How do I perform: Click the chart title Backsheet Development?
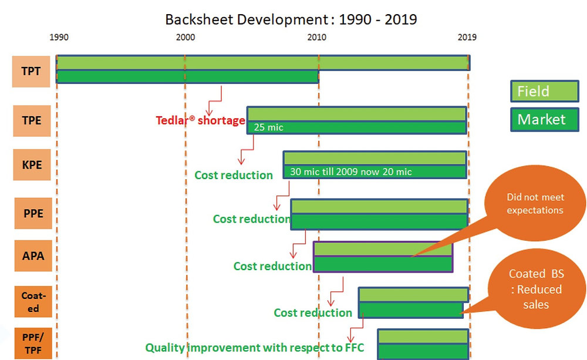(291, 19)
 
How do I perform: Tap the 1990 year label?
(59, 38)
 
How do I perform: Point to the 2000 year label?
(185, 38)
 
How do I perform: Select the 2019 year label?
(467, 38)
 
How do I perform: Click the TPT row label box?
(31, 71)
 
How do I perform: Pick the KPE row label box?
(31, 164)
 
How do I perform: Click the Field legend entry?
(545, 92)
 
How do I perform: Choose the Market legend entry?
(545, 120)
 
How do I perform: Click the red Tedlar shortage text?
(200, 121)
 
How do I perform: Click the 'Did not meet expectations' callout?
(535, 204)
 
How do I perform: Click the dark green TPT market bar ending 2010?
(187, 76)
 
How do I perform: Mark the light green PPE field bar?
(379, 207)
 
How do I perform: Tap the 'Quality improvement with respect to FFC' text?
(255, 348)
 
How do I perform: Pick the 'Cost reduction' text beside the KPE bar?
(234, 175)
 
